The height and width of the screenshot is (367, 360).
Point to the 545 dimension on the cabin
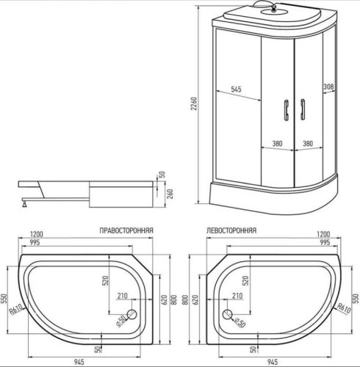[x=237, y=90]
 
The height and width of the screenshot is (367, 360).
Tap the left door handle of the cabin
[x=282, y=109]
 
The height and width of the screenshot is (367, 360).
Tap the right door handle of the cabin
[x=300, y=109]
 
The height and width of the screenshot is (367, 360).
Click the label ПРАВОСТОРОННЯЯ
[x=126, y=230]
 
